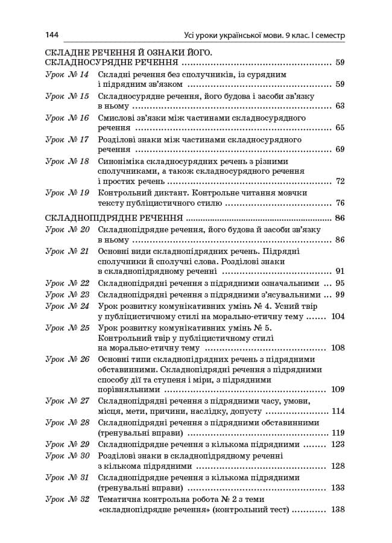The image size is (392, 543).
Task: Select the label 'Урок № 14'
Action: (67, 74)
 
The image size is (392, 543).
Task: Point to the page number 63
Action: (340, 106)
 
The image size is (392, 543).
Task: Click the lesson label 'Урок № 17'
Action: (67, 139)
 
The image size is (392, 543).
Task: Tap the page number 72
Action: (340, 181)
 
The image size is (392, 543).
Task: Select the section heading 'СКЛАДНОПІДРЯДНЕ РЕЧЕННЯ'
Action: (114, 218)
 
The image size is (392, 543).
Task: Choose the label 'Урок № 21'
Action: (67, 251)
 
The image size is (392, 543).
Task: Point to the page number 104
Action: (338, 316)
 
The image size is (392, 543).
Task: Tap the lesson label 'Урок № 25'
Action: (67, 328)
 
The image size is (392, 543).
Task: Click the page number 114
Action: (338, 411)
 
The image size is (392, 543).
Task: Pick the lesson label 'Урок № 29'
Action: (67, 444)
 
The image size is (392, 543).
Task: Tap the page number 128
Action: (338, 466)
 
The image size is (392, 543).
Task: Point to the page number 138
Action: (338, 510)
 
